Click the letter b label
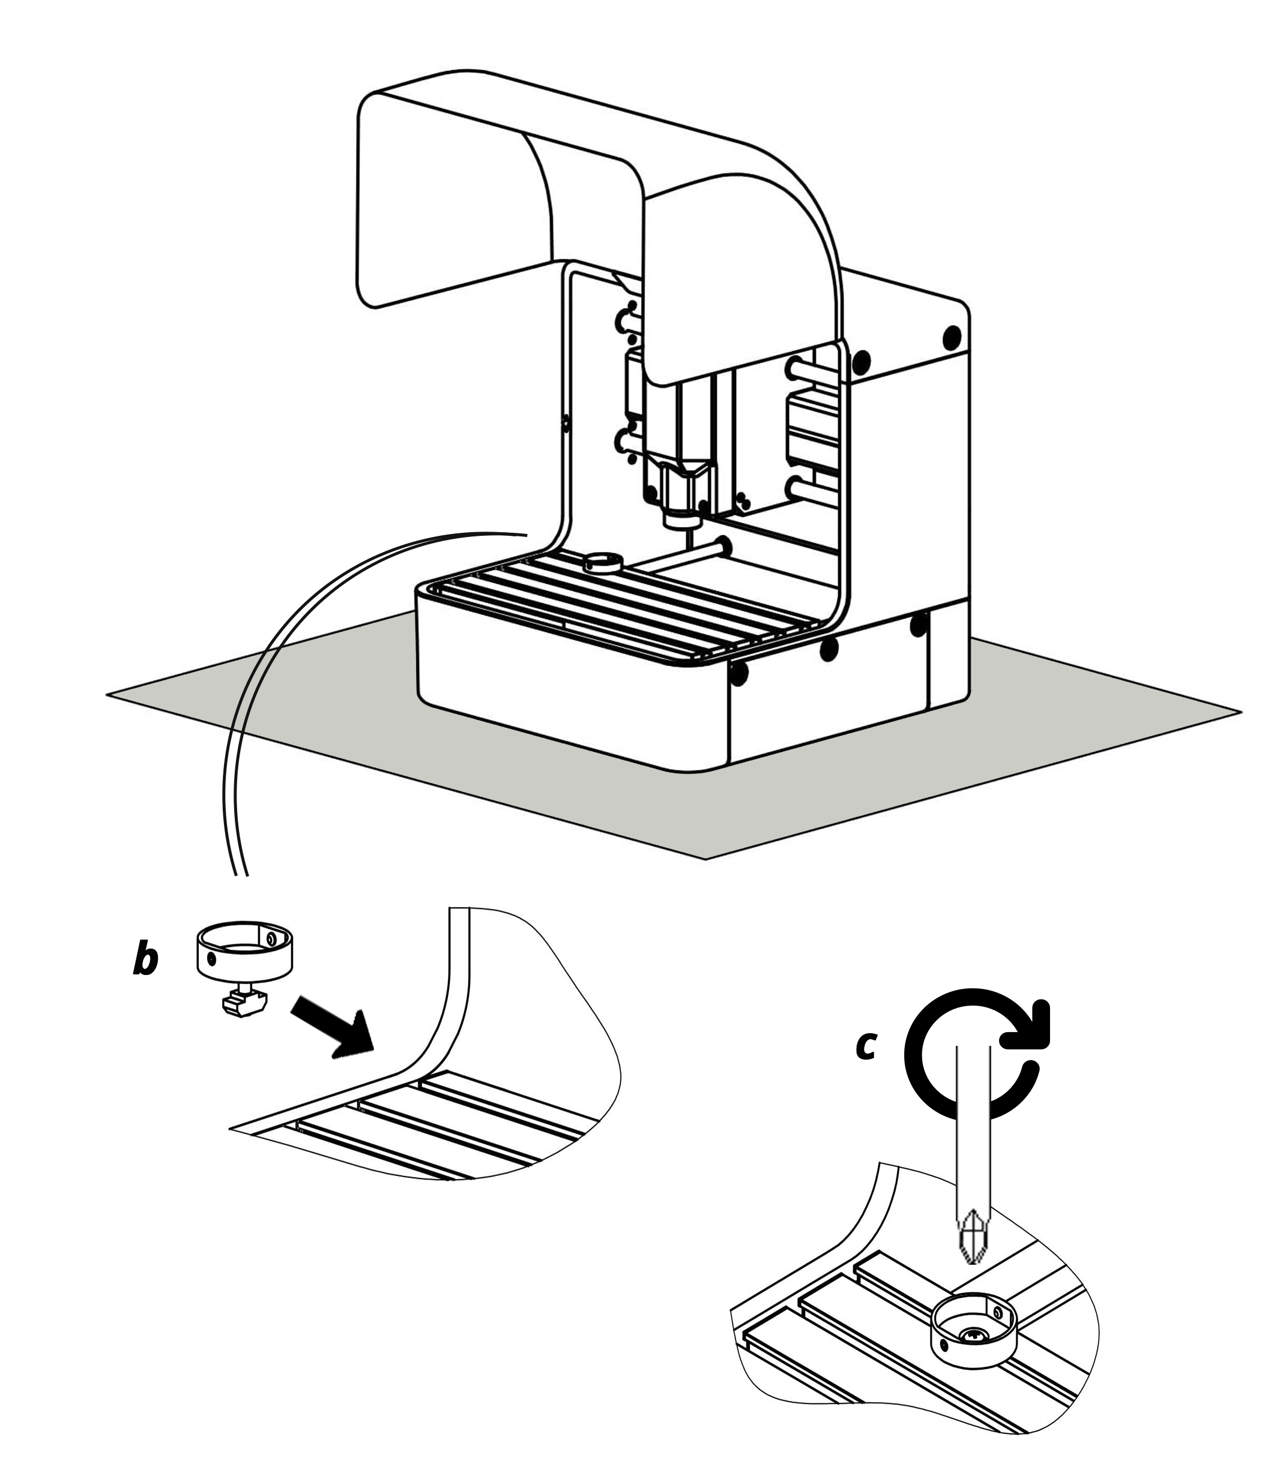[145, 961]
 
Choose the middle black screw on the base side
[829, 649]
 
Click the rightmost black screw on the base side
[918, 627]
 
